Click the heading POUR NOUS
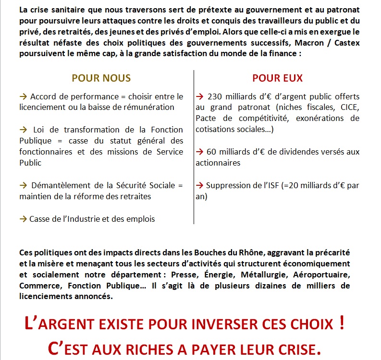pos(101,78)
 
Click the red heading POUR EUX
pos(277,78)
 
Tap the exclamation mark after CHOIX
pos(342,323)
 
